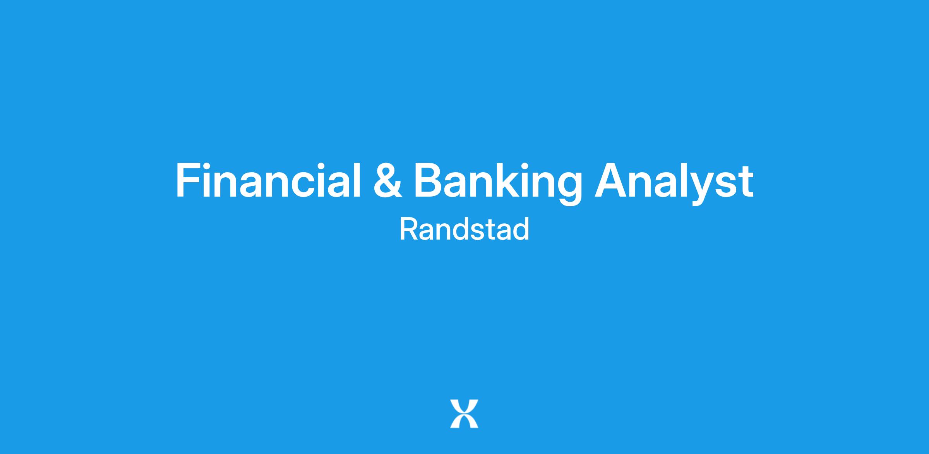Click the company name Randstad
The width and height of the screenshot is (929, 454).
[x=464, y=229]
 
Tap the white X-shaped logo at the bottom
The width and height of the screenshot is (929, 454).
[x=464, y=414]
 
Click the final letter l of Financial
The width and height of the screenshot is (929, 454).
[x=357, y=180]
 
